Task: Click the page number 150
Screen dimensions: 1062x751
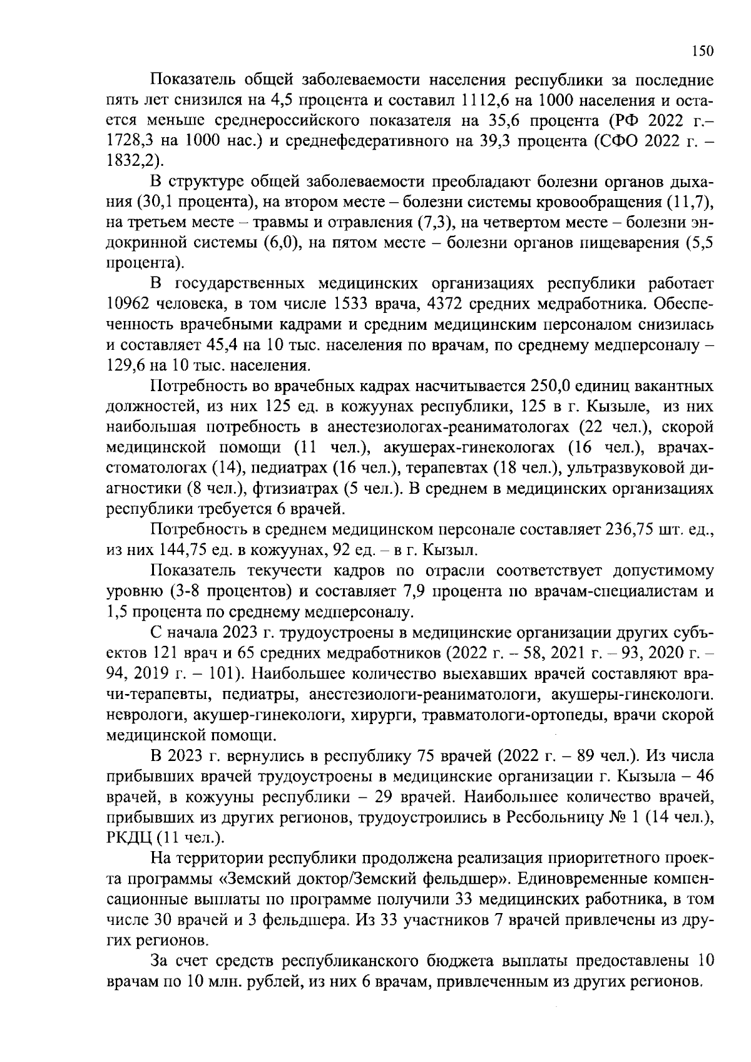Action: [702, 52]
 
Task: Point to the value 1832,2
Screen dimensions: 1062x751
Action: [130, 160]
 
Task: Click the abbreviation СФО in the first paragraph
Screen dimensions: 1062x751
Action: [615, 141]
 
